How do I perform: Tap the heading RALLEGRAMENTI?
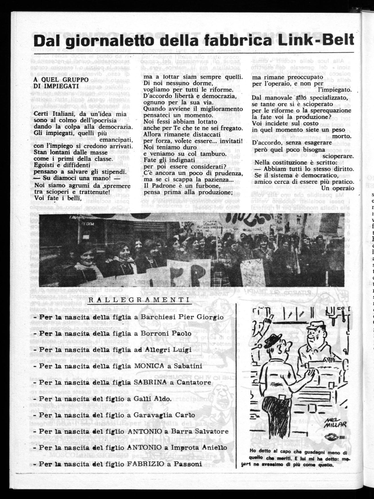pyautogui.click(x=139, y=301)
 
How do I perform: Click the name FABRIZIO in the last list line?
pyautogui.click(x=148, y=464)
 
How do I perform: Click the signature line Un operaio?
pyautogui.click(x=338, y=188)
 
